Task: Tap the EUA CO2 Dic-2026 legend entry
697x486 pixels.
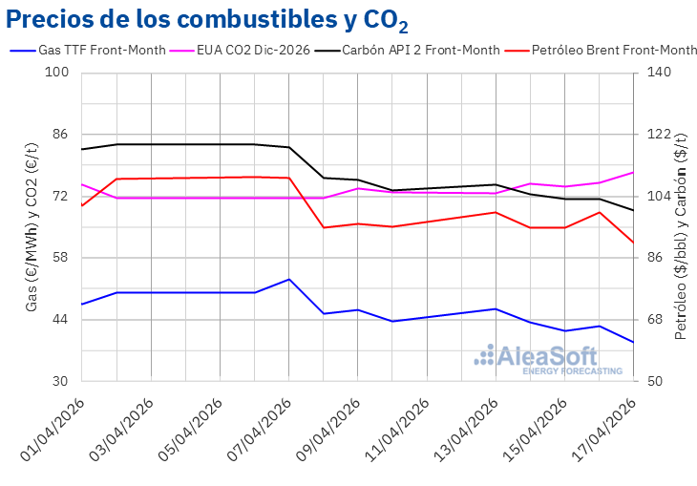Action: coord(253,50)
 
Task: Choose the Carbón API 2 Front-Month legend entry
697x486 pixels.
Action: coord(420,50)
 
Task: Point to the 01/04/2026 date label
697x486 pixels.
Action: coord(52,430)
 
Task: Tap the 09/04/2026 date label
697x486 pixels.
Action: coord(327,430)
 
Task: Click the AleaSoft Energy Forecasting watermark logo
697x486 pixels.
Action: coord(548,359)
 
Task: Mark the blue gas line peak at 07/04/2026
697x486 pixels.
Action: coord(288,279)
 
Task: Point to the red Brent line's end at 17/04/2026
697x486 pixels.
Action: coord(633,243)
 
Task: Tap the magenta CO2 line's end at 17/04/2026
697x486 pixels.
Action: coord(633,172)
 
